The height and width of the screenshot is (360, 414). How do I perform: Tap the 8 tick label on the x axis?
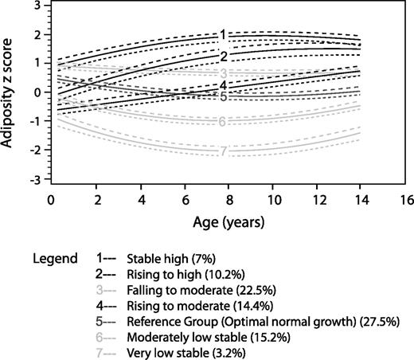(229, 198)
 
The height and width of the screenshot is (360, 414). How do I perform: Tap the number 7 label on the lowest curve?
(225, 151)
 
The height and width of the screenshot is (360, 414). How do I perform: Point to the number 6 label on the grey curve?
(225, 122)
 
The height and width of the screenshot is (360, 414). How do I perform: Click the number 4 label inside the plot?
(225, 85)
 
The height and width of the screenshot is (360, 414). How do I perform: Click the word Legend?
(55, 260)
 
